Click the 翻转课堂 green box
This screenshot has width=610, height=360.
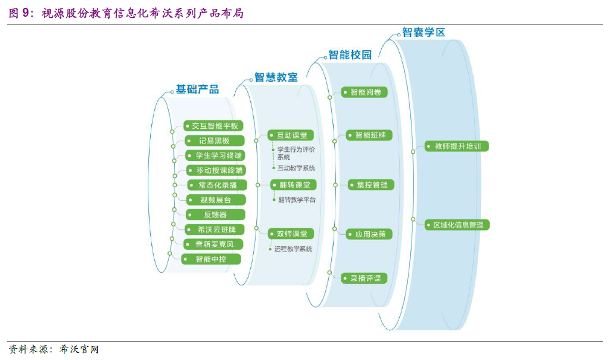click(x=294, y=185)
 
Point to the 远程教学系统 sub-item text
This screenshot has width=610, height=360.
click(x=293, y=249)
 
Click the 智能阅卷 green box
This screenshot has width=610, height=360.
click(x=365, y=92)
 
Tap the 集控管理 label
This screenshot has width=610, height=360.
click(x=372, y=185)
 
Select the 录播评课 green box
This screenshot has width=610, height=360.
click(x=365, y=278)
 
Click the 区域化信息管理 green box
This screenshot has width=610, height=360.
click(x=457, y=225)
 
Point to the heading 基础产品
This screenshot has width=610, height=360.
click(x=197, y=89)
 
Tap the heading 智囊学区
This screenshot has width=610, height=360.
click(x=424, y=32)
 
